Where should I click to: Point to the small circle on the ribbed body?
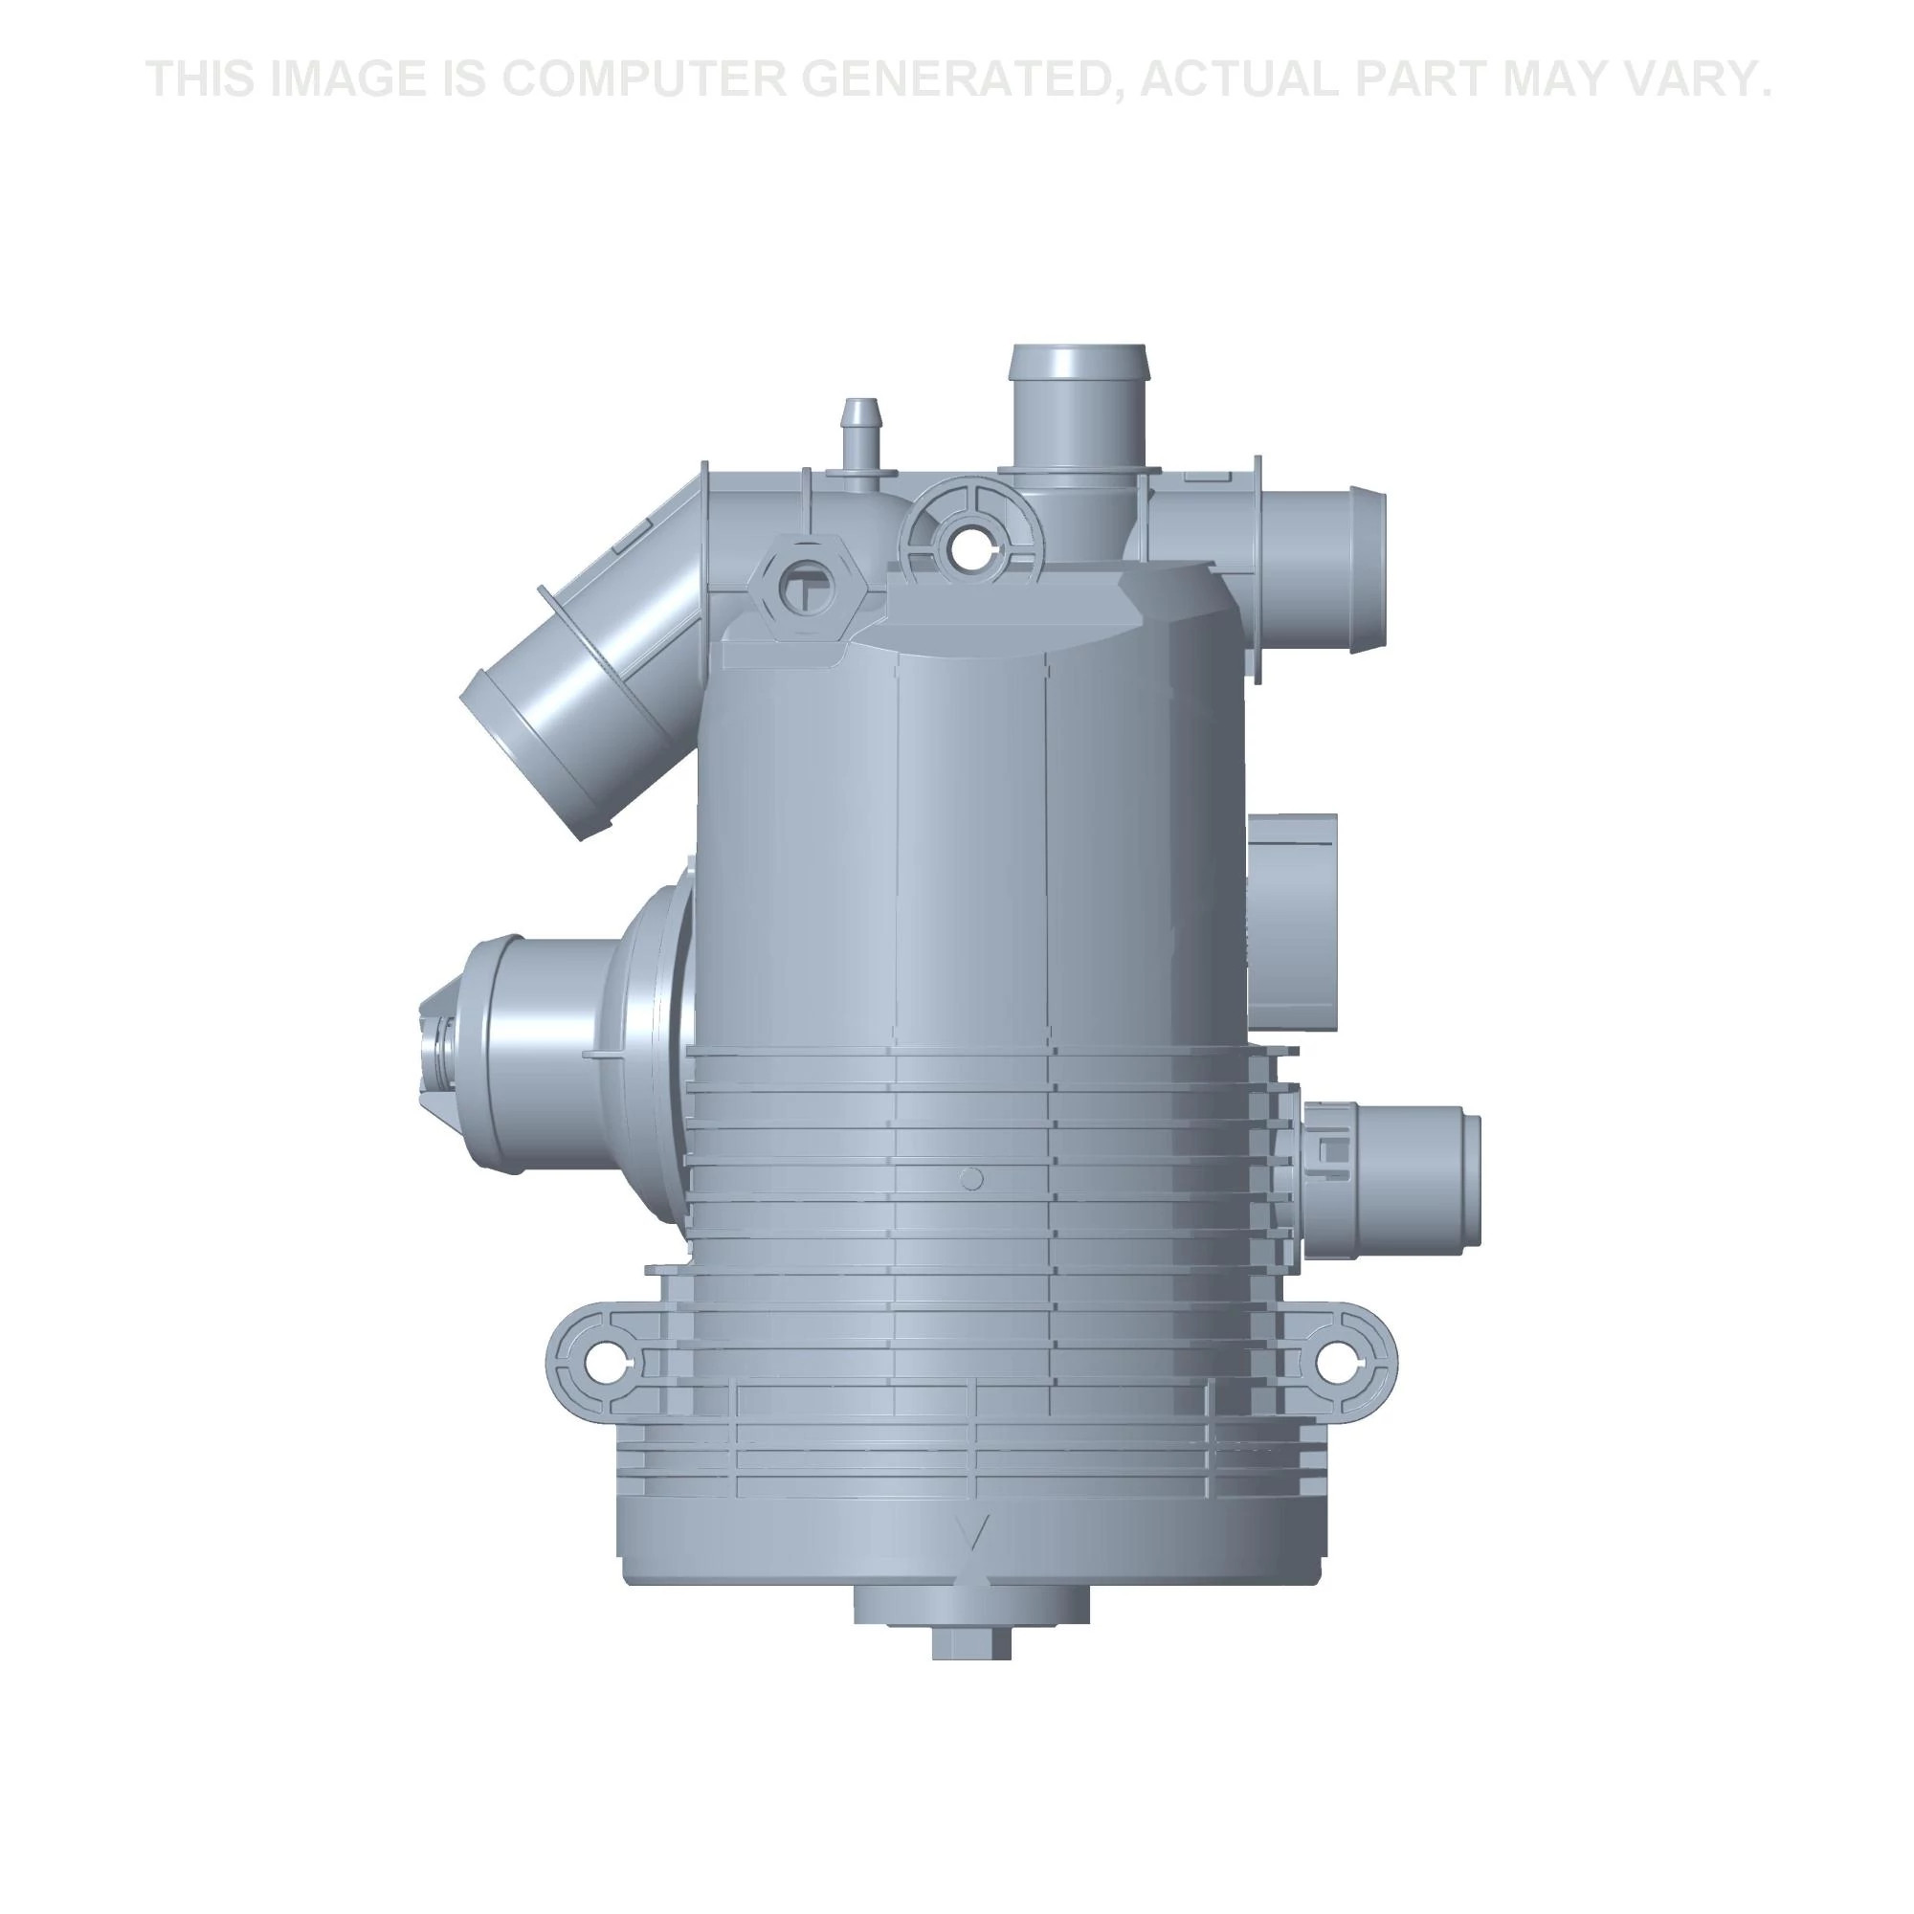pyautogui.click(x=972, y=1178)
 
